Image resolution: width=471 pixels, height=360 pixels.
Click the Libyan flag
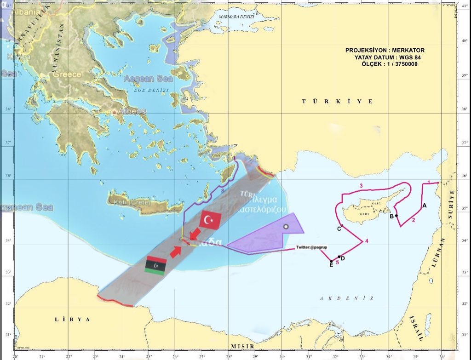pos(155,266)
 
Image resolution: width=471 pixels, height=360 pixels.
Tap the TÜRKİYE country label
pos(337,101)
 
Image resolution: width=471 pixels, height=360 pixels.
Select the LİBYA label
pos(72,319)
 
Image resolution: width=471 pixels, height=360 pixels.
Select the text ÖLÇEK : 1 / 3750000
pos(390,64)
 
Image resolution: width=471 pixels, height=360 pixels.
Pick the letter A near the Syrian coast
pos(424,206)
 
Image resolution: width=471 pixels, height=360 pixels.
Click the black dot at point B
pos(396,216)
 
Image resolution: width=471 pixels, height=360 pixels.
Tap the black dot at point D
pos(339,257)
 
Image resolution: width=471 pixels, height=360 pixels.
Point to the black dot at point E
pos(331,262)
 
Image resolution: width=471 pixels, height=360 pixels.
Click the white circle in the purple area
pos(286,227)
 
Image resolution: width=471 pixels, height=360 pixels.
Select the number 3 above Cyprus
pos(361,185)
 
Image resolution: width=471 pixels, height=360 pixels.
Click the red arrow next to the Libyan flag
pos(175,251)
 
